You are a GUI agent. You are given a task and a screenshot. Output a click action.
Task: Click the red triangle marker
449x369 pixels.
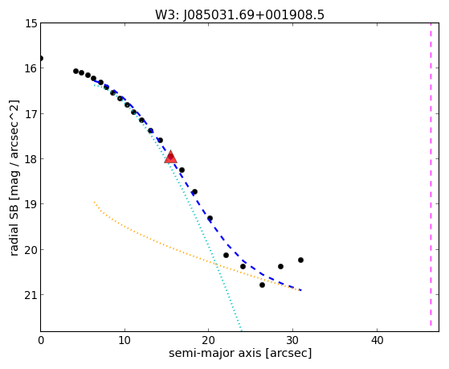[x=170, y=157]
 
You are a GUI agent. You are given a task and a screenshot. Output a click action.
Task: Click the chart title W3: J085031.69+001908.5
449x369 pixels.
[x=239, y=15]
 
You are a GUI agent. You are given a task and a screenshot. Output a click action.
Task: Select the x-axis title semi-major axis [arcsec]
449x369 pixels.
[x=240, y=353]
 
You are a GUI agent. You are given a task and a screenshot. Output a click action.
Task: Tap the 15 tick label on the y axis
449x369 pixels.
[x=31, y=23]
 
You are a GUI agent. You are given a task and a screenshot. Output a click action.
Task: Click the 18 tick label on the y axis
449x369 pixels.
[x=31, y=159]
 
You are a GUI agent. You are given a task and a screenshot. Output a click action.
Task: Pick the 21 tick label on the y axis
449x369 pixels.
[x=31, y=295]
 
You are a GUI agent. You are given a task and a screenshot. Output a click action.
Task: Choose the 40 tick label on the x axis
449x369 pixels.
[x=378, y=340]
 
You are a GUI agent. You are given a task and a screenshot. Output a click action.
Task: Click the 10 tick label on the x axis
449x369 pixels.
[x=124, y=340]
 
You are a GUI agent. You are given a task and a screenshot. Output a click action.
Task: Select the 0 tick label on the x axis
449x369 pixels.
[x=41, y=340]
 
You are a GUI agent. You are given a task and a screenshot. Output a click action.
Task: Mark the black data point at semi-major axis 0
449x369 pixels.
[x=41, y=59]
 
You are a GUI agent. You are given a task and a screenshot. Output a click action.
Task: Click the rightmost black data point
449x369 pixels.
[x=300, y=260]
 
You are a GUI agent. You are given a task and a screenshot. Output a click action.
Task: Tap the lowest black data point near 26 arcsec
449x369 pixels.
[x=262, y=285]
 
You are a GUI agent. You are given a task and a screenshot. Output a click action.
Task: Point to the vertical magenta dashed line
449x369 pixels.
[x=431, y=177]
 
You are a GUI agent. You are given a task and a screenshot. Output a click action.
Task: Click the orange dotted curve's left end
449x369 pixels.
[x=94, y=202]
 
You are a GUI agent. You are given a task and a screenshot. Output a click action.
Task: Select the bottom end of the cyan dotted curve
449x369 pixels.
[x=241, y=329]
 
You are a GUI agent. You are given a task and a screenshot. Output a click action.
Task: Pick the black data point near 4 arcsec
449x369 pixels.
[x=76, y=71]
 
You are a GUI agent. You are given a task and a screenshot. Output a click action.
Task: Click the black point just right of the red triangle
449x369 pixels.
[x=182, y=170]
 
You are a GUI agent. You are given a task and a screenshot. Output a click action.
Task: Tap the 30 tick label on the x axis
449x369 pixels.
[x=293, y=340]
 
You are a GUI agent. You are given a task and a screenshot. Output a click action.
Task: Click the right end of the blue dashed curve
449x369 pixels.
[x=301, y=290]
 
